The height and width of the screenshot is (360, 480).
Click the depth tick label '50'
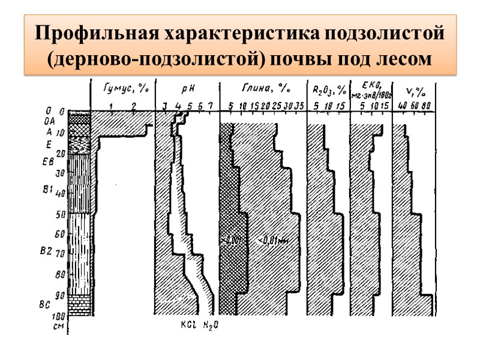60,214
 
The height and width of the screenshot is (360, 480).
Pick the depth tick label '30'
60,173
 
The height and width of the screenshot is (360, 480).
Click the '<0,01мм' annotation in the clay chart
273,241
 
